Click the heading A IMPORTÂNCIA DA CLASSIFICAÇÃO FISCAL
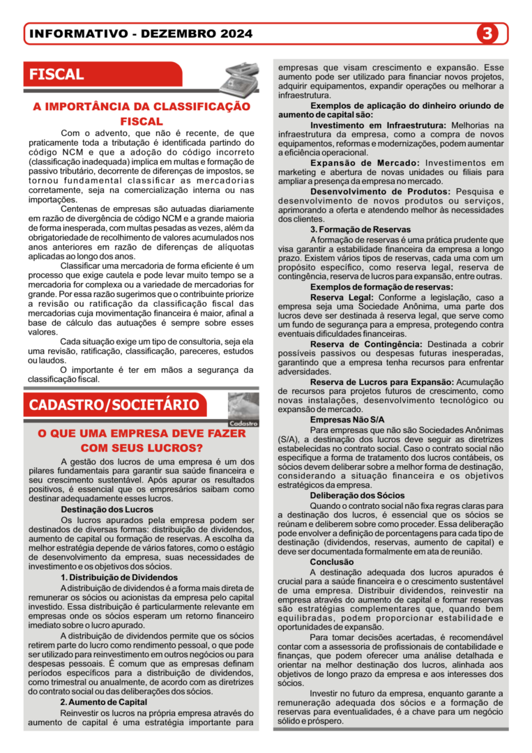(142, 114)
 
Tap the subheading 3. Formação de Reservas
(360, 229)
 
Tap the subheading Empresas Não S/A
(347, 420)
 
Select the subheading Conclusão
(332, 562)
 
